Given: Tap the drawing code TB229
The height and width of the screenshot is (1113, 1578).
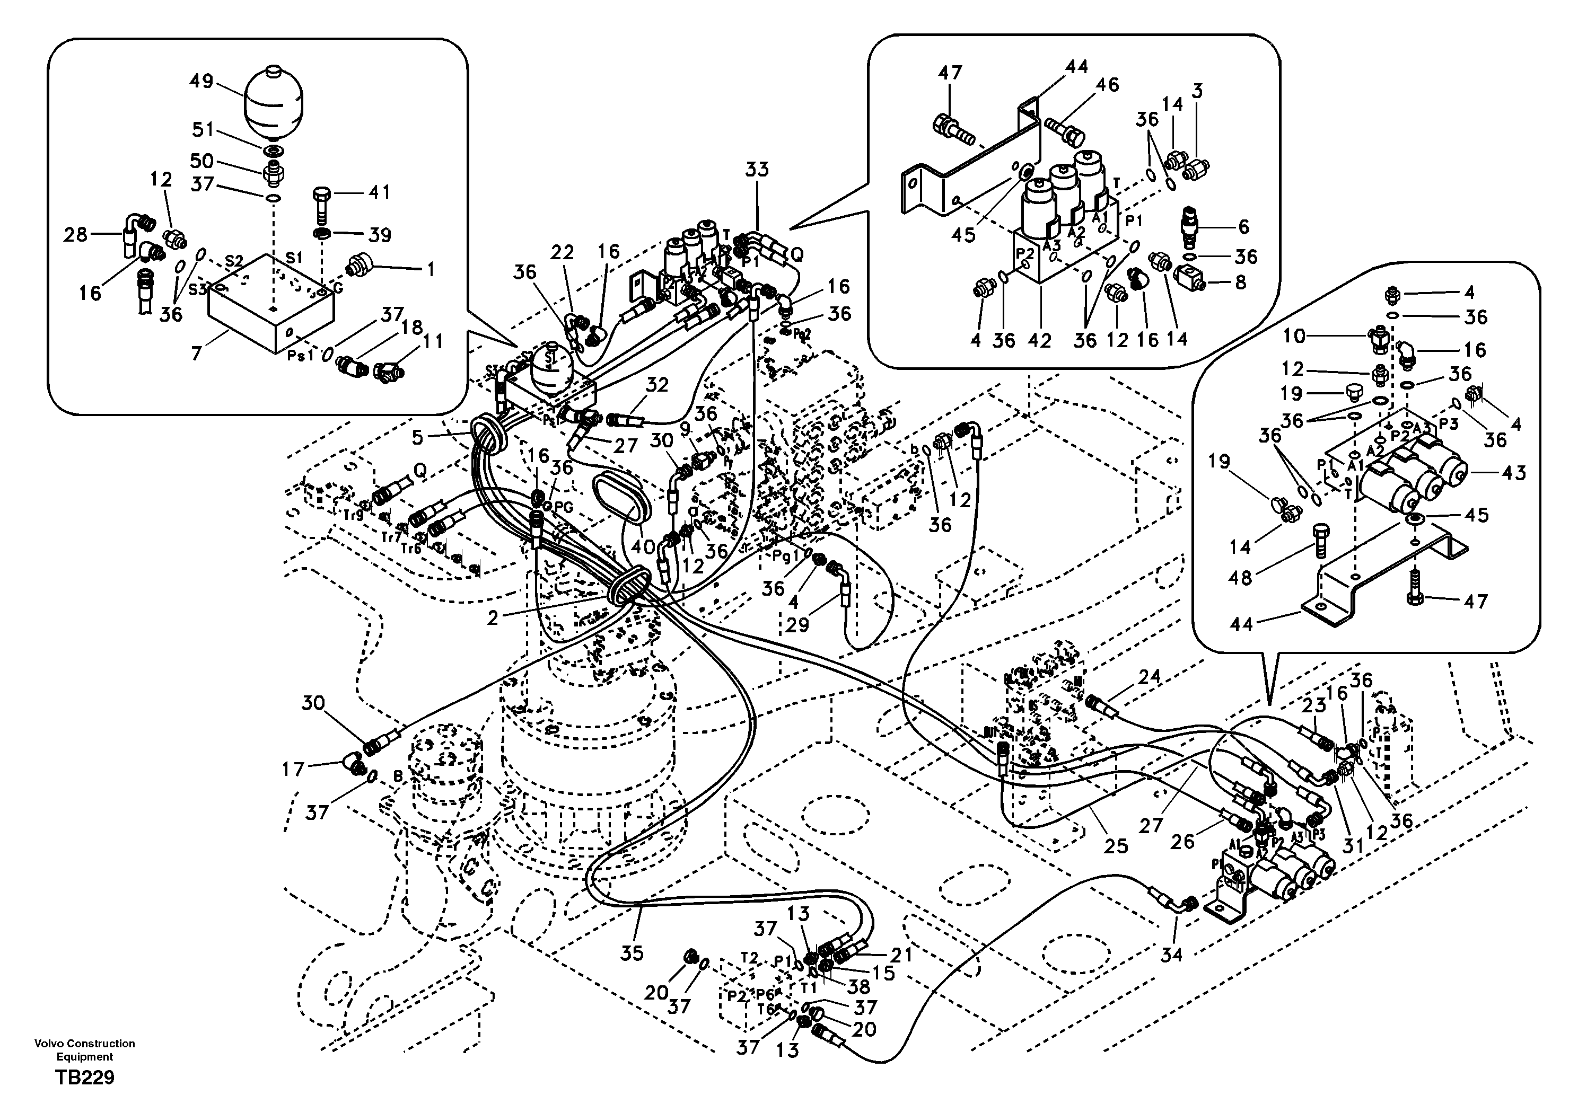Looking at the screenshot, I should (85, 1077).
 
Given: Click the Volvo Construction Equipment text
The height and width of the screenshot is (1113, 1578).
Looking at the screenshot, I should (85, 1050).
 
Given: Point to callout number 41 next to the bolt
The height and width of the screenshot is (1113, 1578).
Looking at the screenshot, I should (378, 192).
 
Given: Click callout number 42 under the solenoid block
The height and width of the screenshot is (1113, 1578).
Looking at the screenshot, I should (1039, 340).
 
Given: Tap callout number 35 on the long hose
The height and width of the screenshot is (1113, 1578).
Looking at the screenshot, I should (632, 953).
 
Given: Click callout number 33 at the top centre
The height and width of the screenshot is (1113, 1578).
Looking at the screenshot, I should (757, 169).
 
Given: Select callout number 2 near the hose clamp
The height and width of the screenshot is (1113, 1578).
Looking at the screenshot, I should (492, 617).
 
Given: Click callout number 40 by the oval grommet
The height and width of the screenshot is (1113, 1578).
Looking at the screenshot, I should (643, 547).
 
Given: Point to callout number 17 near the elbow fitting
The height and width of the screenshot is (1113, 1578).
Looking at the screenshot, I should (293, 769).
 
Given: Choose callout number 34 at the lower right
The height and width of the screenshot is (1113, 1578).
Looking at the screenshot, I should (1171, 955).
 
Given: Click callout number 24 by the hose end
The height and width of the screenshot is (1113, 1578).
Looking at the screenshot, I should (1149, 677).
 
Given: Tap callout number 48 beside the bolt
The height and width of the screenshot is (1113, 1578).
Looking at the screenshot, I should (1240, 578).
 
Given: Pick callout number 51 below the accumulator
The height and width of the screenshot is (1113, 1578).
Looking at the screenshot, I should (203, 129).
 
